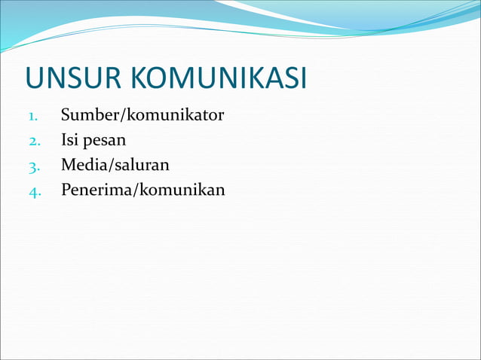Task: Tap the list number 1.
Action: (33, 117)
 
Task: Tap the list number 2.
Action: (34, 141)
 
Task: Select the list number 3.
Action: (34, 166)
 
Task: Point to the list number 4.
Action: (34, 191)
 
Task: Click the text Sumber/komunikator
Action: (142, 115)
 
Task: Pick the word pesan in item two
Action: (105, 141)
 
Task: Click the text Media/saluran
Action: (115, 164)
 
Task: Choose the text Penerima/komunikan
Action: (142, 189)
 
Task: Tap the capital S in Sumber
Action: (66, 115)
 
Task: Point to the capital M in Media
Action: (69, 164)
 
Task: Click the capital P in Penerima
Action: (66, 189)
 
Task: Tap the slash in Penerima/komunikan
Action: (134, 189)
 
